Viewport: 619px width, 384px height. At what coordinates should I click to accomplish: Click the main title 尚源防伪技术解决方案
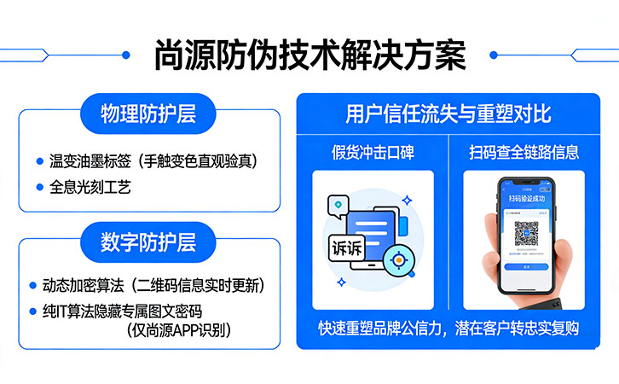[x=309, y=55]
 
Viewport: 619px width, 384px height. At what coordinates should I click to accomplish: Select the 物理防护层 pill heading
[x=148, y=113]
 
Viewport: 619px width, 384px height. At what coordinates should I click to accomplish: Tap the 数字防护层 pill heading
[x=148, y=241]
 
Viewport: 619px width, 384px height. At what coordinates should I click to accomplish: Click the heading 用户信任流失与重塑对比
[x=448, y=113]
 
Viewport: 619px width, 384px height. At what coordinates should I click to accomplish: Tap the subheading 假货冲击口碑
[x=373, y=153]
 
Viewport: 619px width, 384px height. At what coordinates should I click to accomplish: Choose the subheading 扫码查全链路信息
[x=524, y=153]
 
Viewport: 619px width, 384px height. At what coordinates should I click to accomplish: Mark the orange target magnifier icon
[x=397, y=259]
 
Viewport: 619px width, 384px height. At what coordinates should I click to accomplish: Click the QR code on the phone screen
[x=526, y=233]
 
